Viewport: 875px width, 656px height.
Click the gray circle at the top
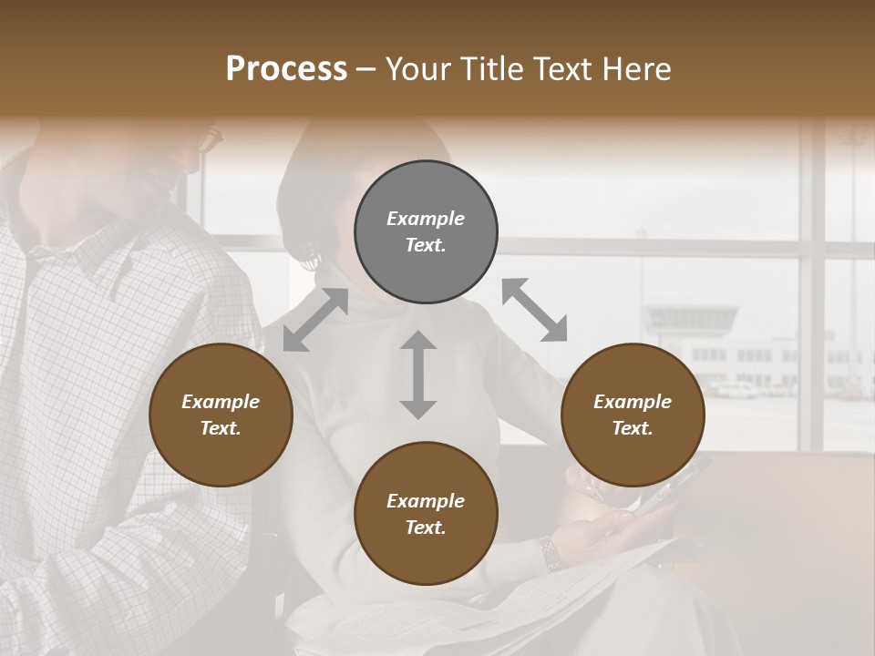(x=426, y=232)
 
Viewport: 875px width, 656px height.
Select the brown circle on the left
(x=221, y=415)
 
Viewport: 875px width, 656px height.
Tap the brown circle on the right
(x=633, y=415)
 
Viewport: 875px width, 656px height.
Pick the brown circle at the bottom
(x=426, y=514)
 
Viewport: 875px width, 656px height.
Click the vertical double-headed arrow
(x=418, y=374)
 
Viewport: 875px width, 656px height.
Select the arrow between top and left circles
(x=315, y=320)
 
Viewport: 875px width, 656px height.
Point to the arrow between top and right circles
(x=534, y=310)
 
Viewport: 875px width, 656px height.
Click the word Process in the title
(x=286, y=68)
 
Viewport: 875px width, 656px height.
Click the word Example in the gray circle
(x=426, y=219)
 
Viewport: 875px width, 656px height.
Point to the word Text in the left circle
(x=221, y=429)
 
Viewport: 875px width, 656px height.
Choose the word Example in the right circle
(x=633, y=402)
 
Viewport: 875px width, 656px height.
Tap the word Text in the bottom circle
(x=425, y=528)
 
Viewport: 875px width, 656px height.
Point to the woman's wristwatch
(x=549, y=552)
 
